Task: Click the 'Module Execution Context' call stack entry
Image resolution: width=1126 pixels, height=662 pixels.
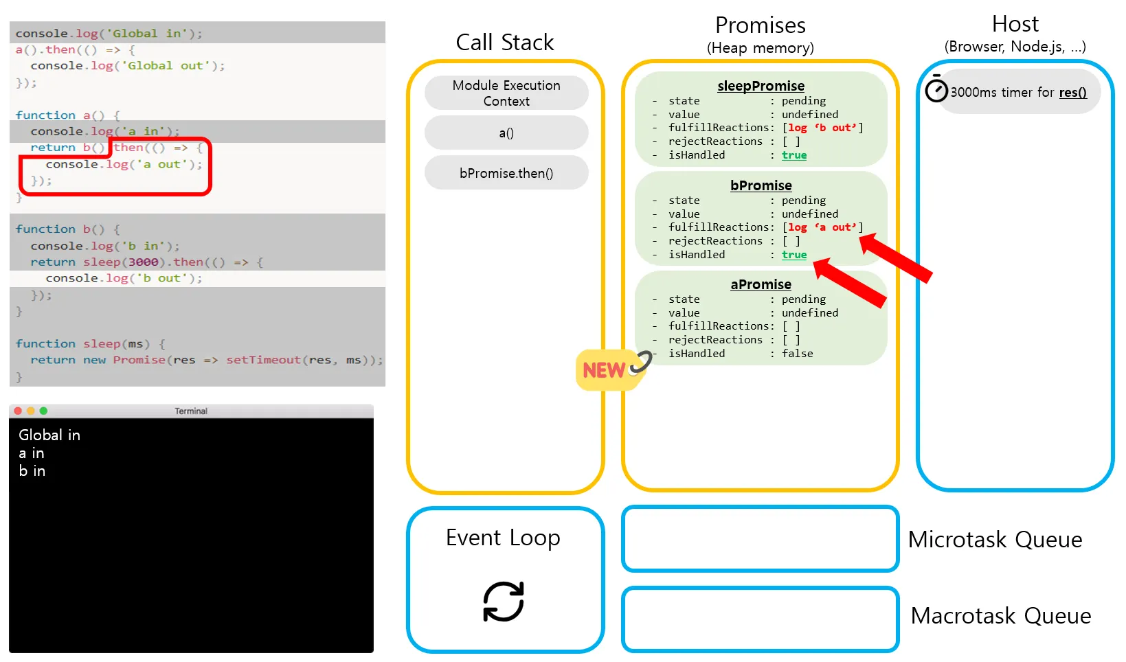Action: coord(506,93)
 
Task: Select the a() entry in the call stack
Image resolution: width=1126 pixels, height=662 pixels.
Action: coord(506,133)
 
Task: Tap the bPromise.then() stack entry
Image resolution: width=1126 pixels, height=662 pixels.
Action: coord(506,173)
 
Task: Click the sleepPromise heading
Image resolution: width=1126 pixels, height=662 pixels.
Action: coord(761,86)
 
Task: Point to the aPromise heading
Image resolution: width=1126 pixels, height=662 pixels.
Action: coord(761,284)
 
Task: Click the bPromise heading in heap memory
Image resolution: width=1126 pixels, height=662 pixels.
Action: coord(761,185)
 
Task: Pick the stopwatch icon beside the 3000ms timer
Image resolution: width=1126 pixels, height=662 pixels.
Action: coord(936,90)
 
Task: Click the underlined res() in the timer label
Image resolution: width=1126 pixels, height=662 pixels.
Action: coord(1072,93)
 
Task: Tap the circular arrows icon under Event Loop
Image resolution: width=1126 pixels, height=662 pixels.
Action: coord(504,602)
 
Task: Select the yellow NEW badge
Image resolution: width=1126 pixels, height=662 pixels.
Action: coord(605,371)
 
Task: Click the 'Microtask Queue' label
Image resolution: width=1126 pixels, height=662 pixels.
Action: coord(995,540)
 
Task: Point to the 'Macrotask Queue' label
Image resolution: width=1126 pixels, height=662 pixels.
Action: coord(1000,616)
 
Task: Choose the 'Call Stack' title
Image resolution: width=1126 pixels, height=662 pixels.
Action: coord(505,43)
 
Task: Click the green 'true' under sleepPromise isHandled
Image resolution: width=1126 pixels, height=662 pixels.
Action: coord(794,155)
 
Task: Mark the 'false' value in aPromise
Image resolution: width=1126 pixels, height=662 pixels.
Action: coord(797,354)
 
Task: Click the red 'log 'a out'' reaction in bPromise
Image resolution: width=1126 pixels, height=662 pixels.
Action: coord(822,227)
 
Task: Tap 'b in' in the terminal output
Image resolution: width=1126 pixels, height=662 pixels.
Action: coord(32,471)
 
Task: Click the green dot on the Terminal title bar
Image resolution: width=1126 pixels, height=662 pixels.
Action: coord(43,411)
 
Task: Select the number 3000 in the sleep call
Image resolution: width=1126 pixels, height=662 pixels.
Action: coord(143,262)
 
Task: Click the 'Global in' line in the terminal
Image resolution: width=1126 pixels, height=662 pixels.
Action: coord(49,435)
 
